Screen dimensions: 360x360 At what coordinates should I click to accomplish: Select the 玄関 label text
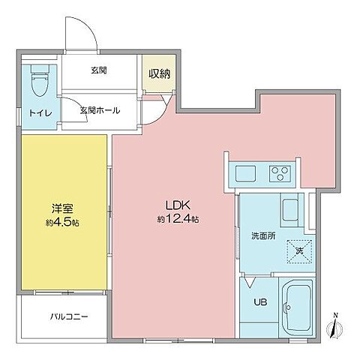pyautogui.click(x=99, y=71)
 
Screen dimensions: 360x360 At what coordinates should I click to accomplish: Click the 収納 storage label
pyautogui.click(x=159, y=73)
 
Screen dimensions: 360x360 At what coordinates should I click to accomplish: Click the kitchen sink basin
pyautogui.click(x=246, y=174)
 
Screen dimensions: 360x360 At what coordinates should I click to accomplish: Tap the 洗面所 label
pyautogui.click(x=263, y=235)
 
